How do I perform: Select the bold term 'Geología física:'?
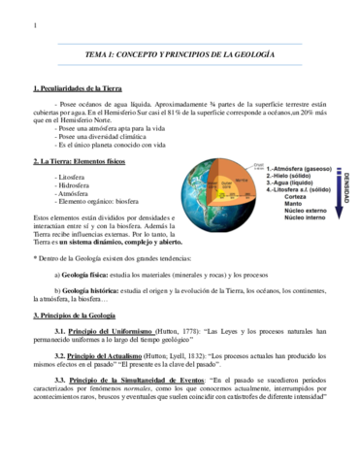click(x=89, y=275)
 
